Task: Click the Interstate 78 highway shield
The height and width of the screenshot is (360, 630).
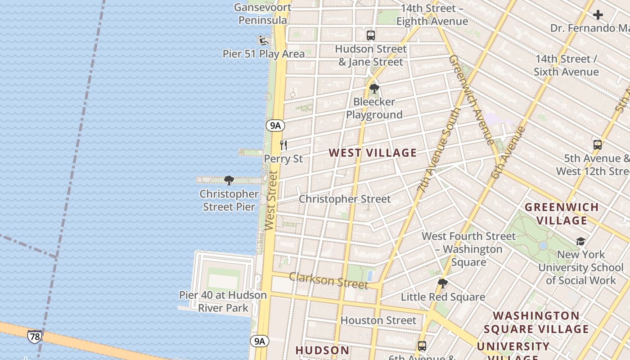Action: pyautogui.click(x=34, y=336)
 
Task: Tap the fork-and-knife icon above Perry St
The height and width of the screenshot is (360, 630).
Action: pyautogui.click(x=283, y=145)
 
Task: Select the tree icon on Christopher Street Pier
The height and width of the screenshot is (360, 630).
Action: pyautogui.click(x=229, y=181)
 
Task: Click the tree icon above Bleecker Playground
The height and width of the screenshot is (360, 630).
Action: pyautogui.click(x=374, y=89)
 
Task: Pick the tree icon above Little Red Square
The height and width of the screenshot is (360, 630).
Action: pyautogui.click(x=443, y=283)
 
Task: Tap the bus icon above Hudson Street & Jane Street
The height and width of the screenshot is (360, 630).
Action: pyautogui.click(x=371, y=35)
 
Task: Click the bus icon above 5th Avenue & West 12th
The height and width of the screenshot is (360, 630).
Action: pyautogui.click(x=598, y=145)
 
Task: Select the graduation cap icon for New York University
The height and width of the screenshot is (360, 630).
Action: pyautogui.click(x=580, y=242)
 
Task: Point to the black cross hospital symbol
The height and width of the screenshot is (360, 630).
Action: pyautogui.click(x=598, y=15)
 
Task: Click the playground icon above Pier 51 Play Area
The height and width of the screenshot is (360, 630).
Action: pyautogui.click(x=264, y=41)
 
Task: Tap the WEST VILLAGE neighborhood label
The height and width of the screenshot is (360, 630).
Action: pyautogui.click(x=373, y=153)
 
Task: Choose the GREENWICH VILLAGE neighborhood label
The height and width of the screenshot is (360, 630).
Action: pyautogui.click(x=562, y=214)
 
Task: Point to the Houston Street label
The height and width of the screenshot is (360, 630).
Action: pyautogui.click(x=378, y=320)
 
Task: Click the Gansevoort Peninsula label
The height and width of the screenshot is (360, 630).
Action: pyautogui.click(x=263, y=14)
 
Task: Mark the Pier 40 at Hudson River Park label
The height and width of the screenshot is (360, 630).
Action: pyautogui.click(x=223, y=301)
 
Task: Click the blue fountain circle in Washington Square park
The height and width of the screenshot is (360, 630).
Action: pyautogui.click(x=543, y=246)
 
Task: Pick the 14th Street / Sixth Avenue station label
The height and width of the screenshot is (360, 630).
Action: pyautogui.click(x=566, y=65)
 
